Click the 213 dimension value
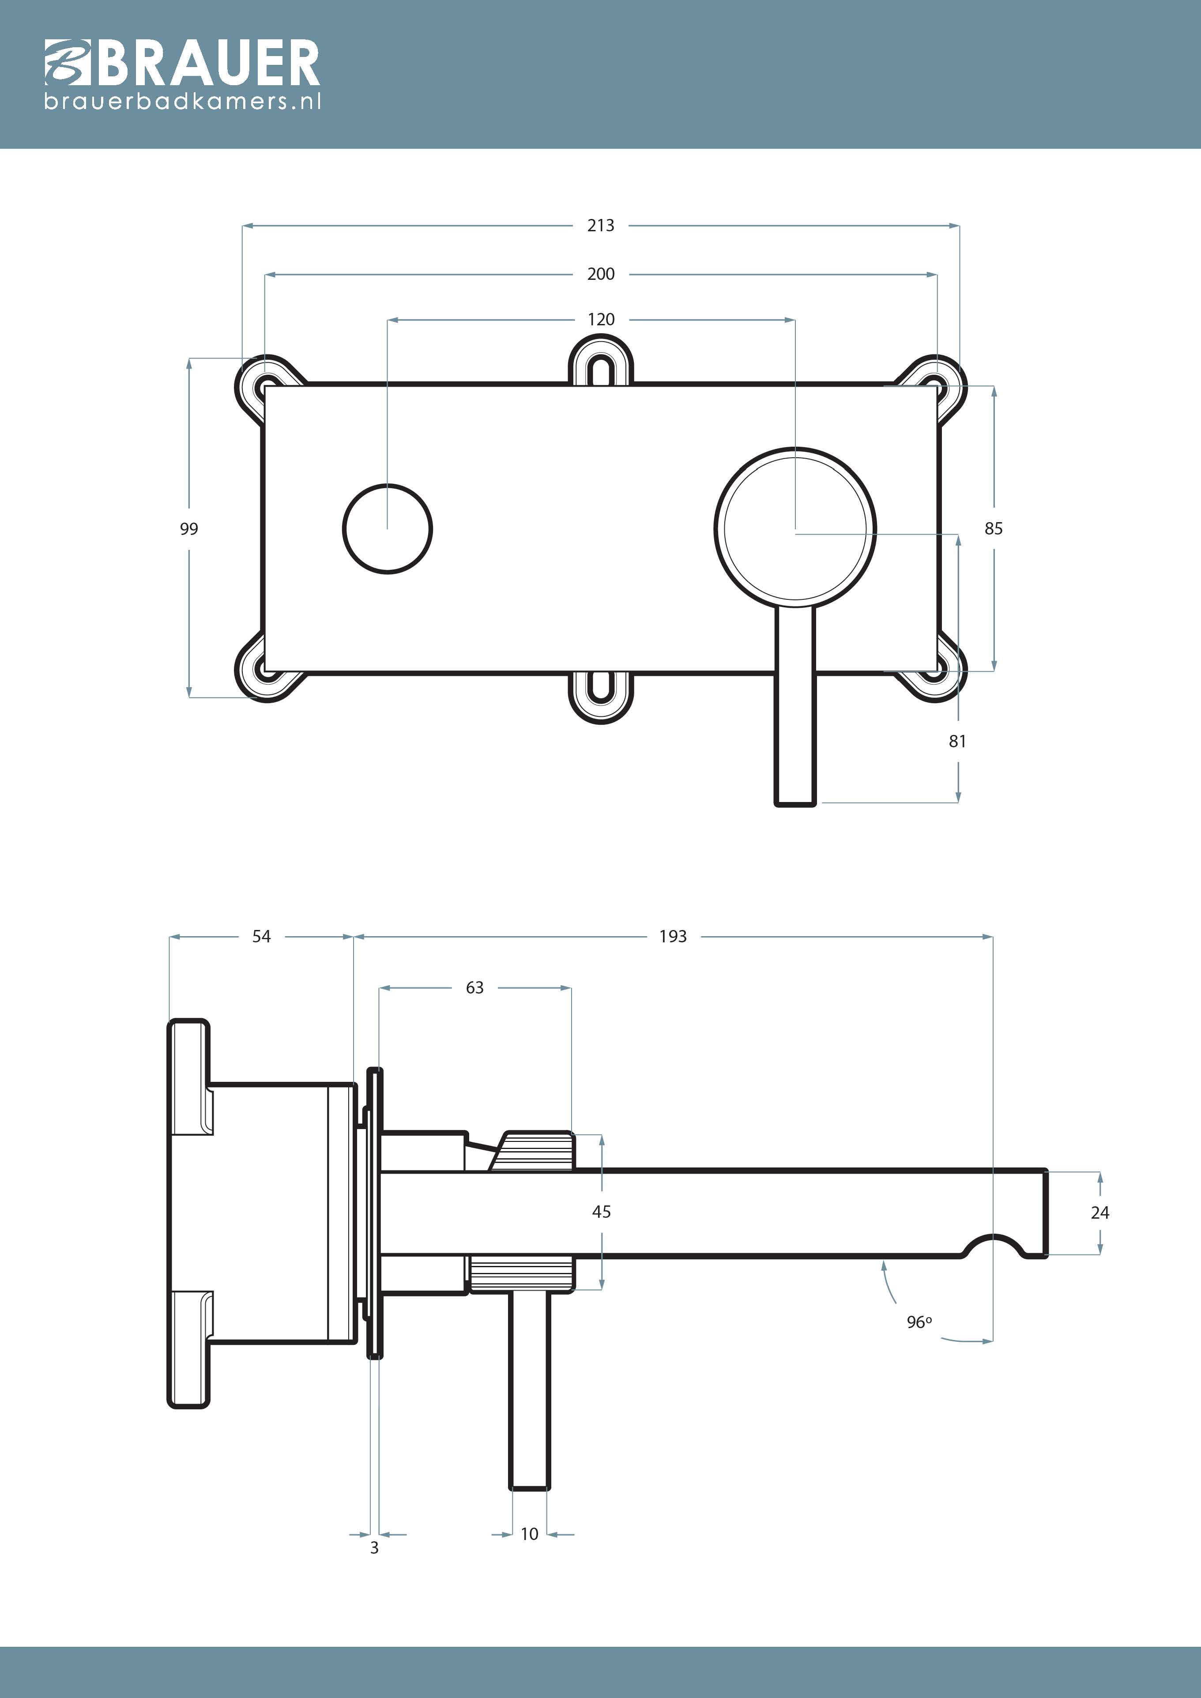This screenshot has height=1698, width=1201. pyautogui.click(x=600, y=226)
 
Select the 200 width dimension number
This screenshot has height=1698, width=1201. pyautogui.click(x=600, y=275)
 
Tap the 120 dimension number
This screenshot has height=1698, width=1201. pyautogui.click(x=600, y=320)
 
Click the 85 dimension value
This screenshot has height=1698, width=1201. pyautogui.click(x=993, y=529)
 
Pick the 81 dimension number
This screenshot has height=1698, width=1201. pyautogui.click(x=958, y=741)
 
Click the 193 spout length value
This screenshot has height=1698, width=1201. pyautogui.click(x=673, y=936)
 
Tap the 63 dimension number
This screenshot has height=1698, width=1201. pyautogui.click(x=475, y=987)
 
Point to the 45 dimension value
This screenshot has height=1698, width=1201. pyautogui.click(x=601, y=1212)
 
